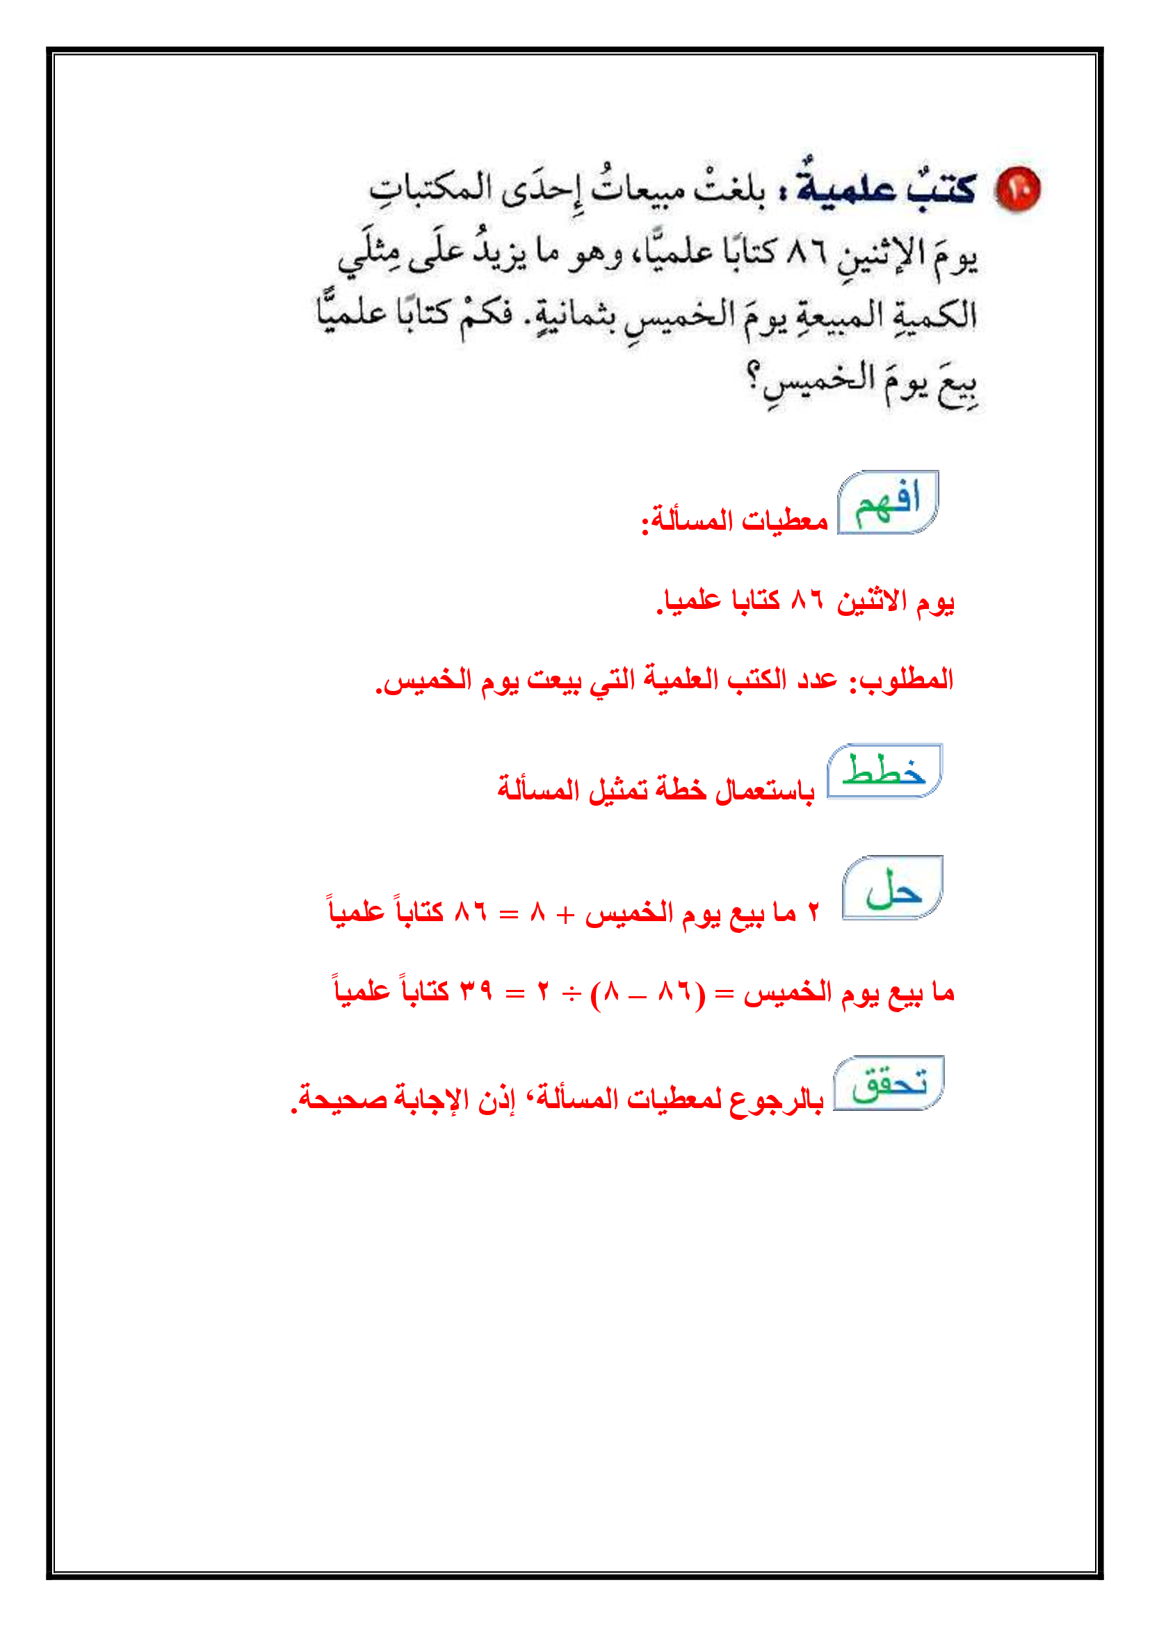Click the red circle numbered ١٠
coord(1018,190)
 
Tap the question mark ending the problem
coord(755,373)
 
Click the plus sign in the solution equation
coord(565,914)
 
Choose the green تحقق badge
coord(889,1084)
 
